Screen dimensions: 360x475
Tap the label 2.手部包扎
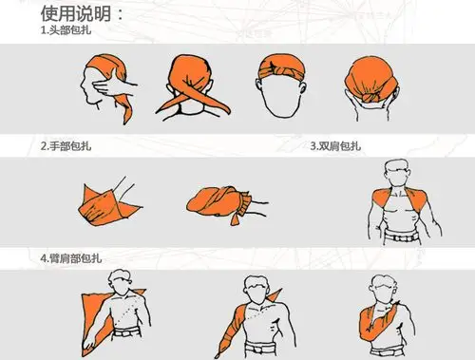[x=66, y=147]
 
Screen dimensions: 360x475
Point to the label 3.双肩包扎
[x=336, y=147]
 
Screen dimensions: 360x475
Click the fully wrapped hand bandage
[x=217, y=200]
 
